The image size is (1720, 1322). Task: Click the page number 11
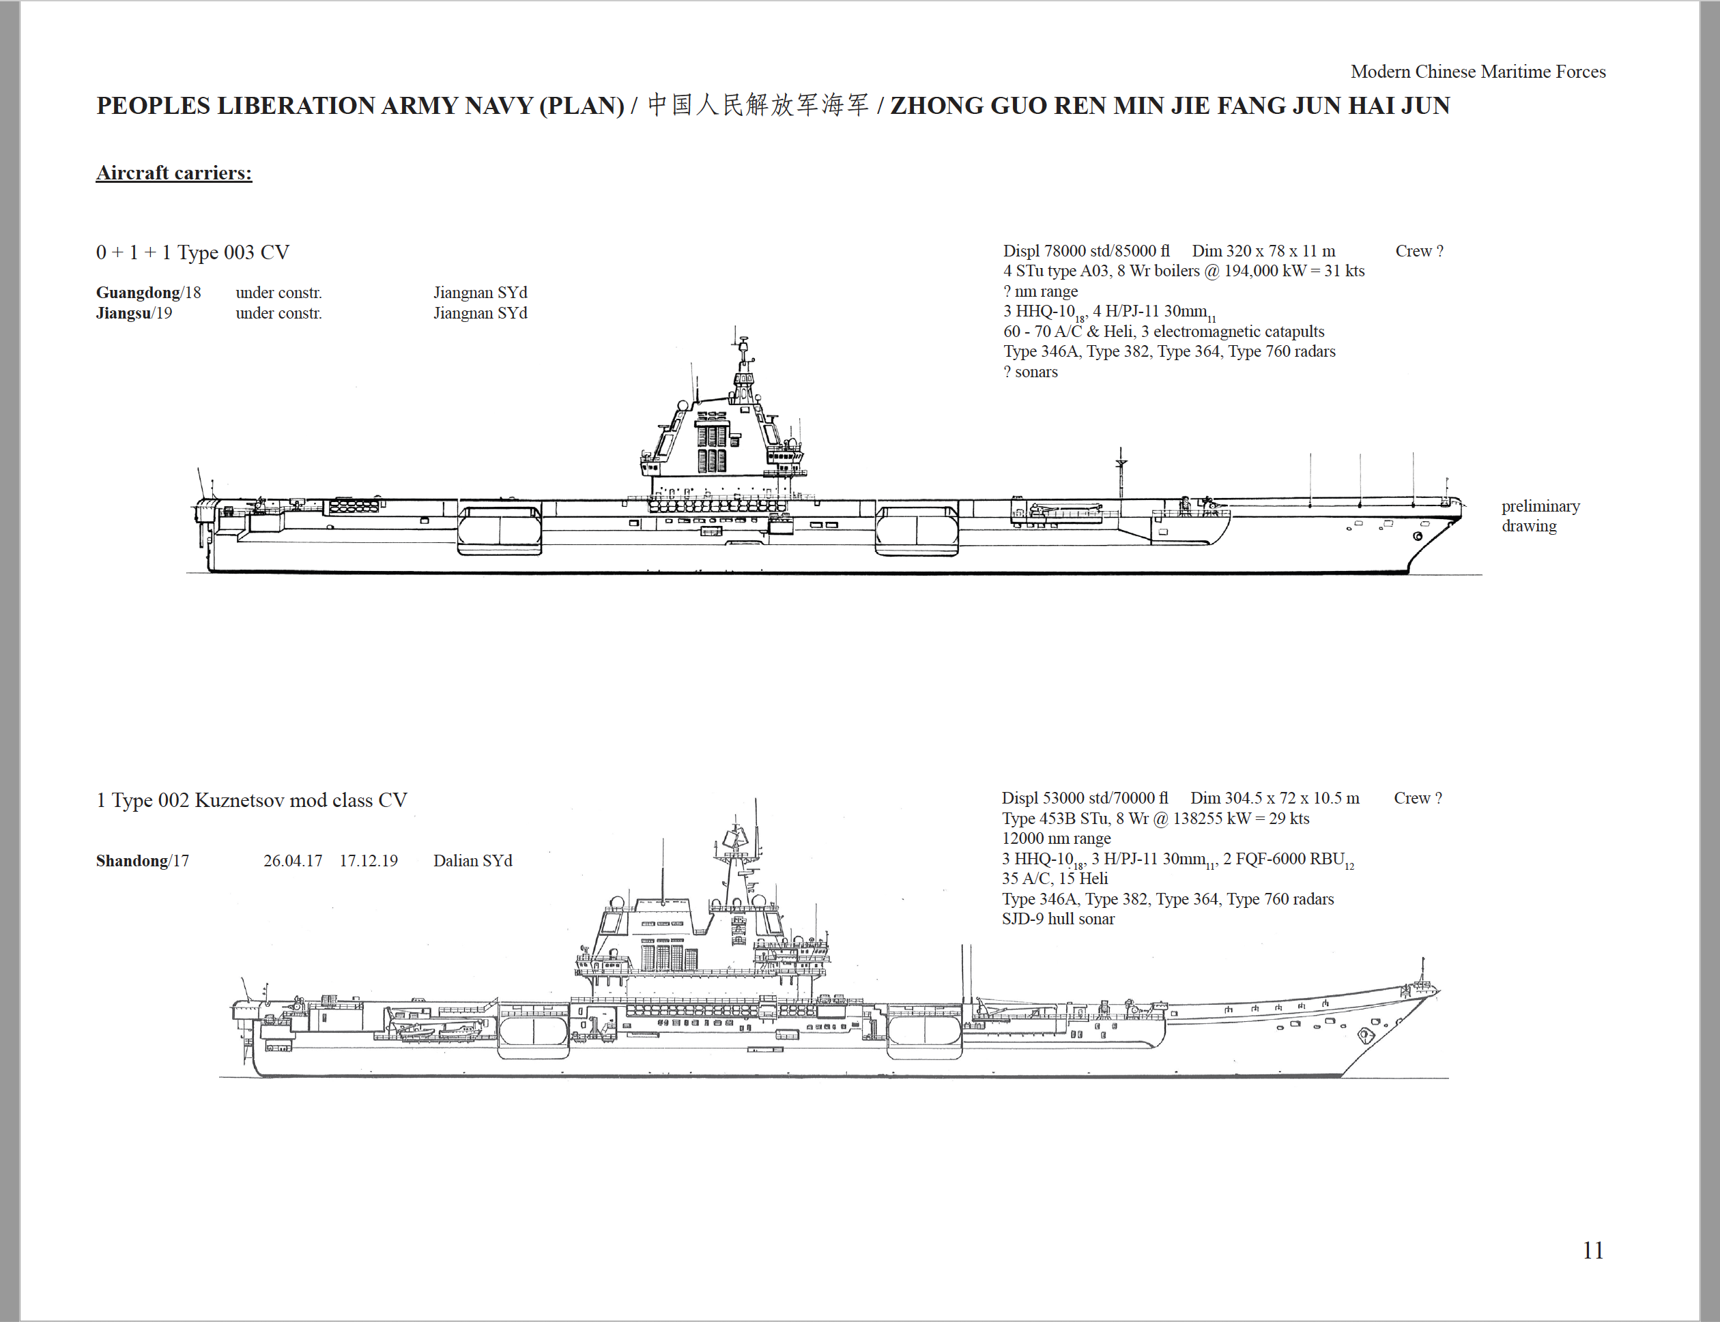[1593, 1250]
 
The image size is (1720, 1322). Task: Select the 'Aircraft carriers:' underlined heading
[174, 173]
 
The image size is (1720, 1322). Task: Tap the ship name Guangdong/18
[148, 293]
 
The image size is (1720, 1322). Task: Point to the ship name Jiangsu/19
[134, 313]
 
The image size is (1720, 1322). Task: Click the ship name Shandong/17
[143, 861]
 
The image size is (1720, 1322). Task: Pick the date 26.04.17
[293, 861]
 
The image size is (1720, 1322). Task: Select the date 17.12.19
[369, 861]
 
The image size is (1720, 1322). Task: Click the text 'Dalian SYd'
[472, 861]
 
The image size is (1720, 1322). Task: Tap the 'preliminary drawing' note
[1540, 516]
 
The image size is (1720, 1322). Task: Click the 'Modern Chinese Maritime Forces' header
[1478, 72]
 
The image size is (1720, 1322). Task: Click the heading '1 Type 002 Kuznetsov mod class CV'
[252, 800]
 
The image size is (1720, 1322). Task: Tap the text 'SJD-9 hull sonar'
[1058, 919]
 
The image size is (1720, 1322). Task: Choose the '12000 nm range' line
[1057, 839]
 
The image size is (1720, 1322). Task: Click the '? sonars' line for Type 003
[1031, 372]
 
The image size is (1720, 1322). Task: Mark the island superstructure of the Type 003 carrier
[724, 425]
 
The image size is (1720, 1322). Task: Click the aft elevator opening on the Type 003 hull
[500, 531]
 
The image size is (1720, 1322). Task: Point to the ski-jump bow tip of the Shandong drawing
[1437, 993]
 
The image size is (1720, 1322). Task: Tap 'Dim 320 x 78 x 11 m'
[1263, 251]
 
